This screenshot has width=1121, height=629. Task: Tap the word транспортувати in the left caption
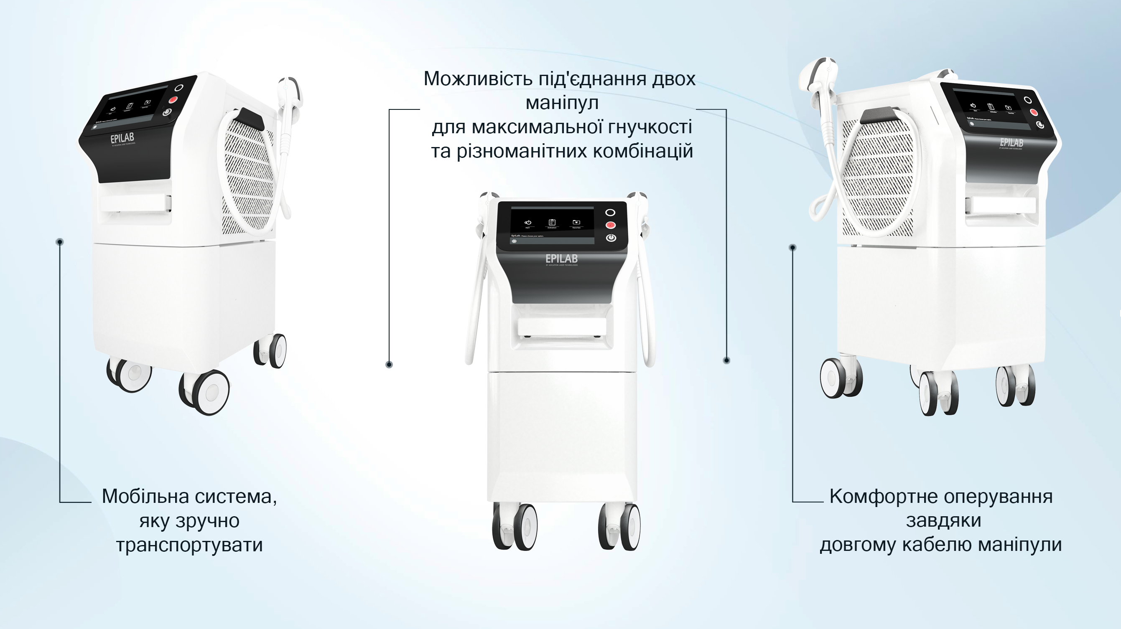pyautogui.click(x=189, y=545)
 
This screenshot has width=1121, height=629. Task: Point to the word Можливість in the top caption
pyautogui.click(x=478, y=79)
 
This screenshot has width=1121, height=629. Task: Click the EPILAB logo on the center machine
pyautogui.click(x=561, y=259)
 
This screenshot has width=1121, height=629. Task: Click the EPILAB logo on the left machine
pyautogui.click(x=122, y=139)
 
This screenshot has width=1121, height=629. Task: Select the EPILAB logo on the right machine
pyautogui.click(x=1011, y=143)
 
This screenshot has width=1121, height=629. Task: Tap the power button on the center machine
pyautogui.click(x=611, y=238)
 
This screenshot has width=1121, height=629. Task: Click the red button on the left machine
pyautogui.click(x=173, y=100)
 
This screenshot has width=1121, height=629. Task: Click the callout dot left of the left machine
pyautogui.click(x=60, y=241)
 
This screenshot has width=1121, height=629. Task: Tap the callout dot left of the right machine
pyautogui.click(x=792, y=248)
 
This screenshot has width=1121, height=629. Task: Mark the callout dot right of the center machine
pyautogui.click(x=726, y=360)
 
